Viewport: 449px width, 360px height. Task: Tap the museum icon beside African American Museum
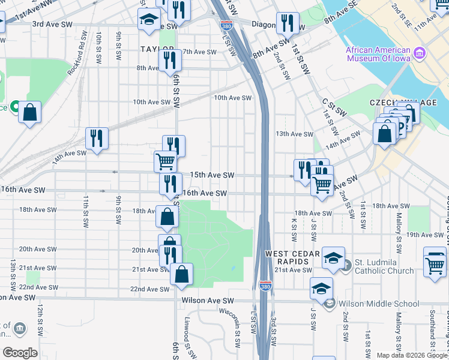pos(420,53)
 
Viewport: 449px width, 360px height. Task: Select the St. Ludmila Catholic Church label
pos(384,266)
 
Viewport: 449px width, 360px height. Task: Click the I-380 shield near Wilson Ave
pos(265,287)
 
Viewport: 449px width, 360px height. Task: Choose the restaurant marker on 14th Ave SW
pos(96,138)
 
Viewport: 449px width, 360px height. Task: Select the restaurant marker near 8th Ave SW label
pos(170,60)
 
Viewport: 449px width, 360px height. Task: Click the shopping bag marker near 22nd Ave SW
pos(181,274)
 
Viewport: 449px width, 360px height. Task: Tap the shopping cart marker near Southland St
pos(435,263)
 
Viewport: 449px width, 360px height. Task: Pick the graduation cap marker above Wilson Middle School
pos(322,288)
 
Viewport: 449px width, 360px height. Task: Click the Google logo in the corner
pos(20,353)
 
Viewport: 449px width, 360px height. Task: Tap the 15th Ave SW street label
pos(212,175)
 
